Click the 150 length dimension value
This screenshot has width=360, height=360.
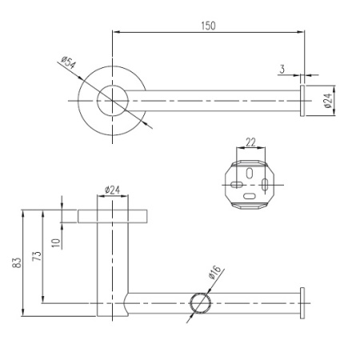coord(208,26)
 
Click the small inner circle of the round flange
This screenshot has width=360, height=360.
coord(112,101)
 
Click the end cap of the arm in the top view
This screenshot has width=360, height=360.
coord(302,101)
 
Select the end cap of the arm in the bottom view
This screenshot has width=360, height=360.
coord(302,304)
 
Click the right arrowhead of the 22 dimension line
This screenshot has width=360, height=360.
coord(265,148)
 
